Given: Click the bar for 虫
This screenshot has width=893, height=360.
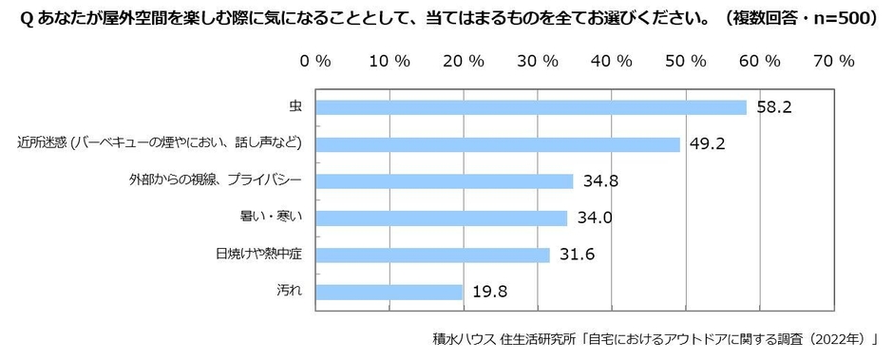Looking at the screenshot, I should click(x=530, y=107).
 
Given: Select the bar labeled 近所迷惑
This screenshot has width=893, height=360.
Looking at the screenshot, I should click(x=497, y=144).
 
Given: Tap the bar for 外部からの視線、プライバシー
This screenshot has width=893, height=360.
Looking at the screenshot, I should click(x=444, y=181).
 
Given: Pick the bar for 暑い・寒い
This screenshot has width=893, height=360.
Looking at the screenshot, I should click(x=441, y=218).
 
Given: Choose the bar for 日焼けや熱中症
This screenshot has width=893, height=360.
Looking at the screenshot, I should click(x=432, y=255).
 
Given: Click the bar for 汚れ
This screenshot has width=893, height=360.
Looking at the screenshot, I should click(x=389, y=292).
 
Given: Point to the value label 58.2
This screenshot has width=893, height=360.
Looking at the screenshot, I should click(x=774, y=107).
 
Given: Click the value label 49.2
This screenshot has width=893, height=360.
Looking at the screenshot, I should click(x=707, y=144).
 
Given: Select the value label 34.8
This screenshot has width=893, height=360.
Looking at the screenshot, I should click(x=599, y=181).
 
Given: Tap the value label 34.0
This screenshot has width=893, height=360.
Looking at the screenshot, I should click(x=594, y=218).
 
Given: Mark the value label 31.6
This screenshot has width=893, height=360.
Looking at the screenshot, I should click(x=577, y=255).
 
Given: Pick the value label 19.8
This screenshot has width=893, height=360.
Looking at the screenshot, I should click(x=489, y=292).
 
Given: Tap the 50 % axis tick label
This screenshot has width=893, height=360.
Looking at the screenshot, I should click(x=685, y=60).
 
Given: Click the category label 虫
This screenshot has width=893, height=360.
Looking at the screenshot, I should click(x=295, y=107).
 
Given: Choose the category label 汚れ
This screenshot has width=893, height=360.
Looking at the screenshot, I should click(x=291, y=292).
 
